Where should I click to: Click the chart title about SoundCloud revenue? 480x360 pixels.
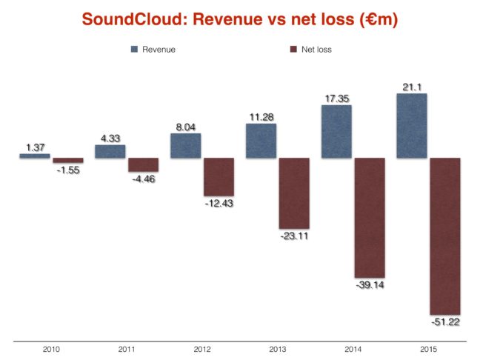(x=240, y=20)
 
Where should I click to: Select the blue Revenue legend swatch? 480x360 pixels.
(x=136, y=50)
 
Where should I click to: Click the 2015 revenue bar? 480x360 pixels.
(x=411, y=125)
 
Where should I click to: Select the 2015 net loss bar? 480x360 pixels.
(x=445, y=236)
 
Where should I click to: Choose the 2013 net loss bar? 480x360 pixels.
(x=294, y=193)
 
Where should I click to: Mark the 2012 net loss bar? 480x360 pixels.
(x=219, y=176)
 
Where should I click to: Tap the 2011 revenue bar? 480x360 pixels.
(x=110, y=151)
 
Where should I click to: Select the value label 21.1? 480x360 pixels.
(x=411, y=87)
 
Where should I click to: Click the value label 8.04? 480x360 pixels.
(x=185, y=127)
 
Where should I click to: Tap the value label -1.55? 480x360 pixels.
(x=68, y=170)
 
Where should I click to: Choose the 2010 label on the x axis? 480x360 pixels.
(x=51, y=348)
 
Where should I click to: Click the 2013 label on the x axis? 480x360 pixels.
(x=277, y=348)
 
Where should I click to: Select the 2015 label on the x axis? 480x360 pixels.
(x=427, y=348)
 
